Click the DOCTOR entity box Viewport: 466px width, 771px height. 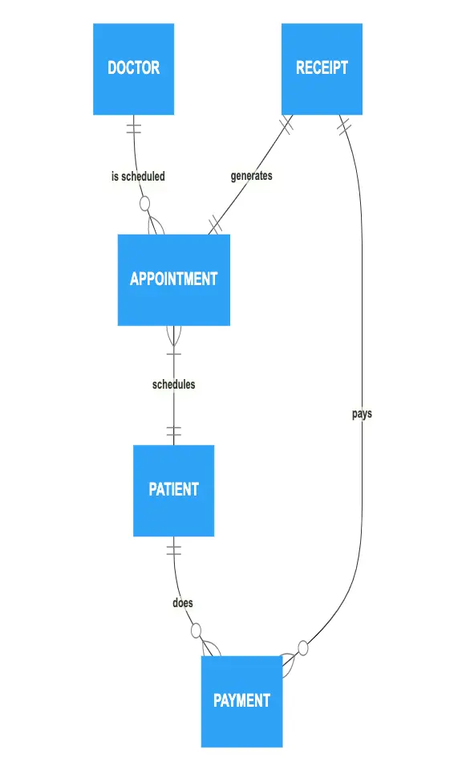pos(134,69)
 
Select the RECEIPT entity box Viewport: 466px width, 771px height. pos(322,69)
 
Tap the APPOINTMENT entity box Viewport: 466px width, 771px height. pos(174,279)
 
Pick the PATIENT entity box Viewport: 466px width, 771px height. pos(174,491)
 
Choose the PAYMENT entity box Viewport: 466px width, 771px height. pos(241,701)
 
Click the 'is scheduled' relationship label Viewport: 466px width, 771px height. pos(138,176)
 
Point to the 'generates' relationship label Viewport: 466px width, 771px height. pos(251,176)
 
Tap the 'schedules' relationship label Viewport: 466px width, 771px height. pos(174,384)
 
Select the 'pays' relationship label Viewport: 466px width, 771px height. pos(362,414)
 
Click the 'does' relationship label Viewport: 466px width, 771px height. pos(183,602)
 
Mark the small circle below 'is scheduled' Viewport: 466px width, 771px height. pos(145,203)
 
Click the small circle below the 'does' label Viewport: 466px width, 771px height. pos(196,630)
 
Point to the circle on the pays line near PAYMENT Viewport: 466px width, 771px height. pos(303,648)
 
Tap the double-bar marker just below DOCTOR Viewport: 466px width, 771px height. pos(134,128)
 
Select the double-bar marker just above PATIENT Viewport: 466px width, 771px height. pos(174,431)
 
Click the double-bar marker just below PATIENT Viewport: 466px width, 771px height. pos(174,550)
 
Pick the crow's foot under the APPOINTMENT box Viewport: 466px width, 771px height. pos(174,335)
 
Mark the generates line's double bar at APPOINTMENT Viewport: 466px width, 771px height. pos(215,225)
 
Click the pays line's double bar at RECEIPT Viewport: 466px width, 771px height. pos(344,126)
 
